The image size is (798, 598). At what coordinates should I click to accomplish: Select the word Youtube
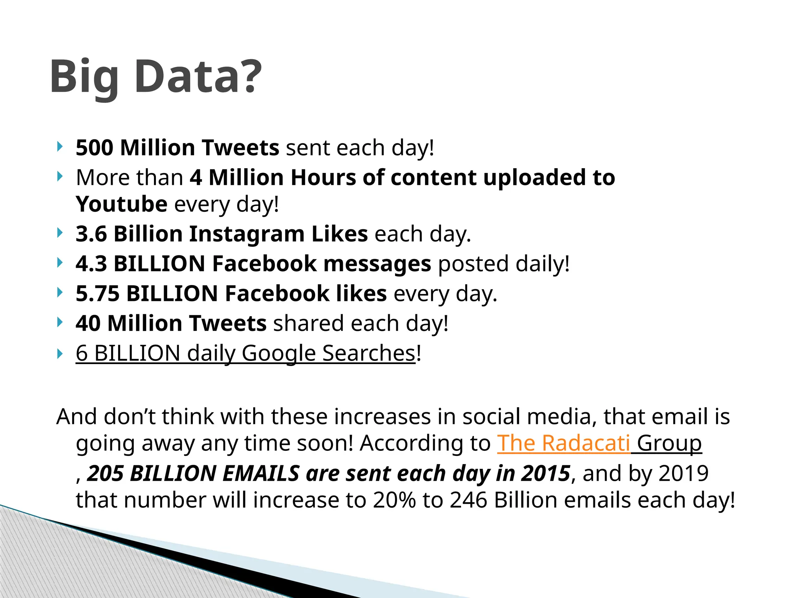(122, 204)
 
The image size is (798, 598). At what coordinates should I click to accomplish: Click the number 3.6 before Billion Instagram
(91, 234)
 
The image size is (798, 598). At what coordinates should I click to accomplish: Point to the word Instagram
(247, 234)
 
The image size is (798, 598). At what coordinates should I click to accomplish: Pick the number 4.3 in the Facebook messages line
(91, 264)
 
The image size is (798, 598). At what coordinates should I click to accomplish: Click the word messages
(377, 264)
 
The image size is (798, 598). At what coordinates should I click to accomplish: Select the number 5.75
(97, 294)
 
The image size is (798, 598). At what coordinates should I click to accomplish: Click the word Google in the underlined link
(278, 353)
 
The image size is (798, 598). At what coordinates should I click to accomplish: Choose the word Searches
(369, 353)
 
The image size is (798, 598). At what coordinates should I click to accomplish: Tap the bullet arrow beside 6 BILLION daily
(60, 354)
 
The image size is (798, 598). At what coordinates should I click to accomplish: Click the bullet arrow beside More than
(60, 177)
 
